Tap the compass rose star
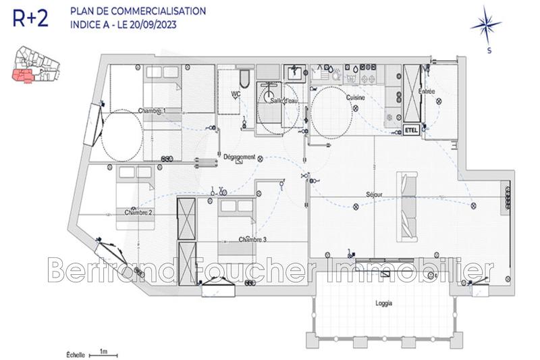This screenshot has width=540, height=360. click(486, 26)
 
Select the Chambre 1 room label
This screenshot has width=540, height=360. click(152, 111)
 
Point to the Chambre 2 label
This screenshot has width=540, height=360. click(138, 212)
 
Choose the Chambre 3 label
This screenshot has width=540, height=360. click(252, 240)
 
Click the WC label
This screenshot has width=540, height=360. click(236, 94)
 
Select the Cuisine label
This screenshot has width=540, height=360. click(356, 98)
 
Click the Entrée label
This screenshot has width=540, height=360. click(427, 91)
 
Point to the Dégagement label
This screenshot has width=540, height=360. click(240, 157)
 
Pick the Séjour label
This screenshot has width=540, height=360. click(373, 195)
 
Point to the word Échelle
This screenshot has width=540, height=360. click(76, 354)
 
